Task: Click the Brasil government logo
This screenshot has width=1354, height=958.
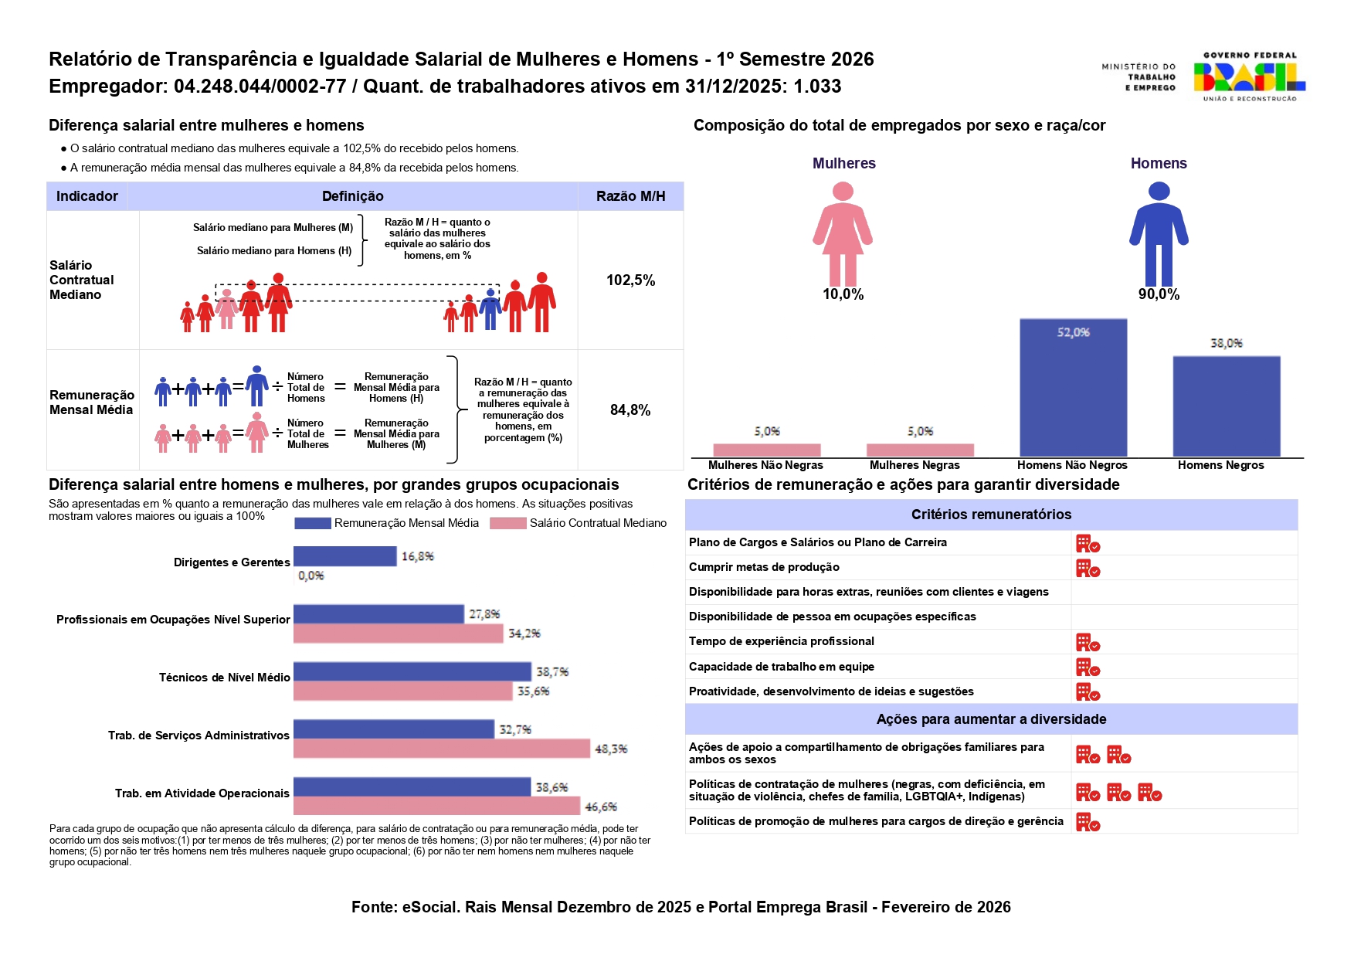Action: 1248,76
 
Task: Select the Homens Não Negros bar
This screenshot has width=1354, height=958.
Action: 1073,387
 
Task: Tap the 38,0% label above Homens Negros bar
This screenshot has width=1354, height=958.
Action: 1226,343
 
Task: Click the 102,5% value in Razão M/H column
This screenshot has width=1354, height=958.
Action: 630,280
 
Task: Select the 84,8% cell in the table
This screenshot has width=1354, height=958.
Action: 630,410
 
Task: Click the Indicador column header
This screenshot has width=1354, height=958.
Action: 87,196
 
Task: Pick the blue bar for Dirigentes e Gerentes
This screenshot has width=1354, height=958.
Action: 344,556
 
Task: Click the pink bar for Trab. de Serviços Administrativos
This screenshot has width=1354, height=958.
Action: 441,749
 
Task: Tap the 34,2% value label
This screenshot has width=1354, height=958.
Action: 524,634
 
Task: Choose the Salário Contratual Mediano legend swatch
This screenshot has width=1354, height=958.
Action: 507,523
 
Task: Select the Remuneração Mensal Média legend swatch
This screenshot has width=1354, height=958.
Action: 312,523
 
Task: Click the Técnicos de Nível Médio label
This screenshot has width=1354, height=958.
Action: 224,678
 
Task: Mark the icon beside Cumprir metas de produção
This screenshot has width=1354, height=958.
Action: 1088,569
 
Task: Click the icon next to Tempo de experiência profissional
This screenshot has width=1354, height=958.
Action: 1088,643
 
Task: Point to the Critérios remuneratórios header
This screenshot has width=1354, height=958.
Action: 991,515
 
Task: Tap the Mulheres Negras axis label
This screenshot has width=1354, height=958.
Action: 915,465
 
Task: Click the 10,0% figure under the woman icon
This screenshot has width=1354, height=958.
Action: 843,294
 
